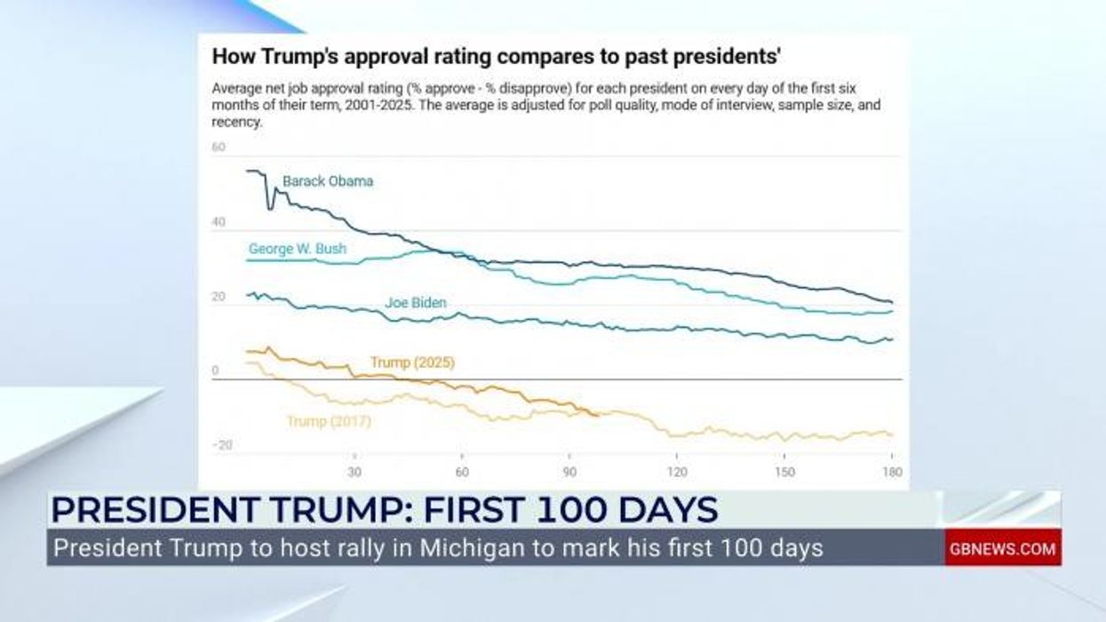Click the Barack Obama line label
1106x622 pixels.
[328, 181]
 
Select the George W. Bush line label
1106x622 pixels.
[297, 249]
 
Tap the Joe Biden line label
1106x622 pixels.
[415, 303]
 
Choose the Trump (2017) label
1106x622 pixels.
[329, 422]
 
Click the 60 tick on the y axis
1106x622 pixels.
[219, 147]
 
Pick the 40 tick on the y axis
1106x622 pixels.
[219, 222]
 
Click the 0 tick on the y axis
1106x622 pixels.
[215, 371]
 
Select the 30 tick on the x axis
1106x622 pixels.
[355, 472]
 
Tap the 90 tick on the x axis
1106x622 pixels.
[569, 472]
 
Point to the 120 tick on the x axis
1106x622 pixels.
[677, 472]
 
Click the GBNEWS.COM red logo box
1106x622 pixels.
[1002, 548]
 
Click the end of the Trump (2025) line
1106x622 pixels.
[599, 414]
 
